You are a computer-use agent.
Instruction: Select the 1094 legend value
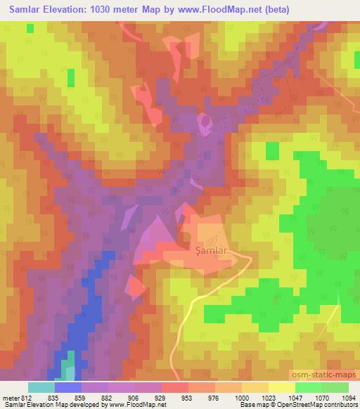pyautogui.click(x=347, y=397)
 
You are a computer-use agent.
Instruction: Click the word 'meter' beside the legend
pyautogui.click(x=8, y=397)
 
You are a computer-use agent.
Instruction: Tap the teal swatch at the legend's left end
pyautogui.click(x=41, y=387)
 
